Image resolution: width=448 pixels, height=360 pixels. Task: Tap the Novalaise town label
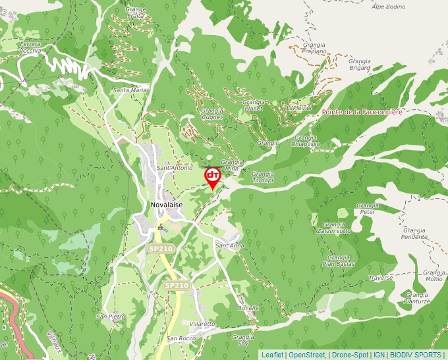click(x=167, y=205)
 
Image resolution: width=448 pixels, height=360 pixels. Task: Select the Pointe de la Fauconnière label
click(x=362, y=113)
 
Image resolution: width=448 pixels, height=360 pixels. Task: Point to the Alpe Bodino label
click(x=388, y=7)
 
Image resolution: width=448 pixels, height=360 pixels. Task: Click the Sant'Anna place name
click(x=230, y=245)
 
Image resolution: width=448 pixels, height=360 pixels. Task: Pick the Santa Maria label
click(x=130, y=90)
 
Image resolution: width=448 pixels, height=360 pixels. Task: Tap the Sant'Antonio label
click(x=175, y=168)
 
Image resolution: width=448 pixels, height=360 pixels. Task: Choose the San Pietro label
click(x=110, y=317)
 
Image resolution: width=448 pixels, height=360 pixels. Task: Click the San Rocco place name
click(x=181, y=338)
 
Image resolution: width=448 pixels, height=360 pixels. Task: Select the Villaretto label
click(x=202, y=324)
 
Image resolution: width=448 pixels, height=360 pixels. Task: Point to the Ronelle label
click(x=248, y=307)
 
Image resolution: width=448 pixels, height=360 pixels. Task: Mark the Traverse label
click(x=380, y=278)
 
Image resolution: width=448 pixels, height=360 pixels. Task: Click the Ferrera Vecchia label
click(x=30, y=47)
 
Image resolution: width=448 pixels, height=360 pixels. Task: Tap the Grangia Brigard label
click(x=360, y=64)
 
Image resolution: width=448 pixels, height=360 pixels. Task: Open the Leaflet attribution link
click(x=272, y=355)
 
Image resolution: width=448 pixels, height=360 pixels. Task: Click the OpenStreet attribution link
click(x=307, y=355)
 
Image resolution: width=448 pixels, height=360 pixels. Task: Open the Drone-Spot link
click(x=349, y=355)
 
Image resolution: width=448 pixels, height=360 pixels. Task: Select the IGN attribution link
click(x=379, y=355)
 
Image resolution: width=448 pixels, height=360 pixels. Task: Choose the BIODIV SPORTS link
click(x=416, y=355)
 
